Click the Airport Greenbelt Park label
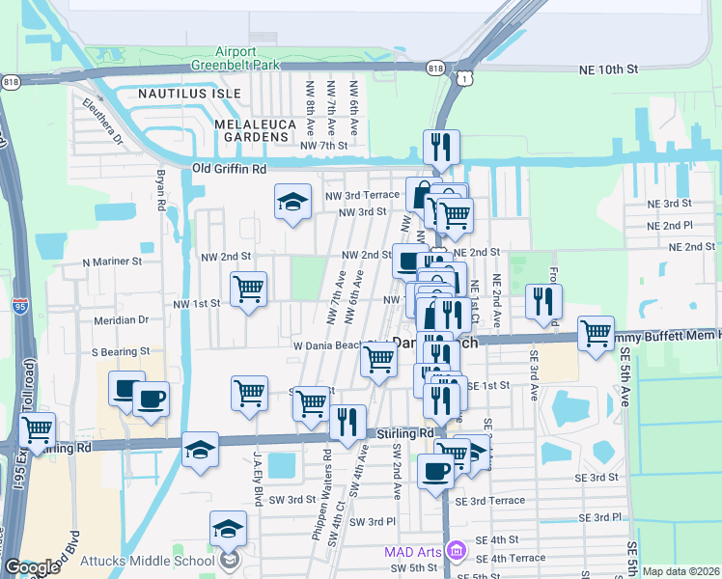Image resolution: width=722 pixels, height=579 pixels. pyautogui.click(x=236, y=59)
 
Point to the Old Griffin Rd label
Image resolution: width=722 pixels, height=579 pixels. pyautogui.click(x=229, y=169)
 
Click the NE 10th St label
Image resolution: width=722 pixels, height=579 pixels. pyautogui.click(x=609, y=70)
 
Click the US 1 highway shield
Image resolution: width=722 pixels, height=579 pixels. pyautogui.click(x=466, y=76)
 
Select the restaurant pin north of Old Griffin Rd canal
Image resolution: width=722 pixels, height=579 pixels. pyautogui.click(x=441, y=148)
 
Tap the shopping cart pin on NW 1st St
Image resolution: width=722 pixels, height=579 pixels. pyautogui.click(x=248, y=288)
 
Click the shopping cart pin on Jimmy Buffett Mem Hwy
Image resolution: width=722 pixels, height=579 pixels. pyautogui.click(x=596, y=334)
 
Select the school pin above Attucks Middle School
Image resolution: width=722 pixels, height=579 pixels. pyautogui.click(x=228, y=528)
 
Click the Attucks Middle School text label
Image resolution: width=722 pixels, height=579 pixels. pyautogui.click(x=159, y=561)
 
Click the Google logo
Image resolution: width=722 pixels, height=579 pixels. pyautogui.click(x=33, y=567)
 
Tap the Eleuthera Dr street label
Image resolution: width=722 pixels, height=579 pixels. pyautogui.click(x=102, y=120)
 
